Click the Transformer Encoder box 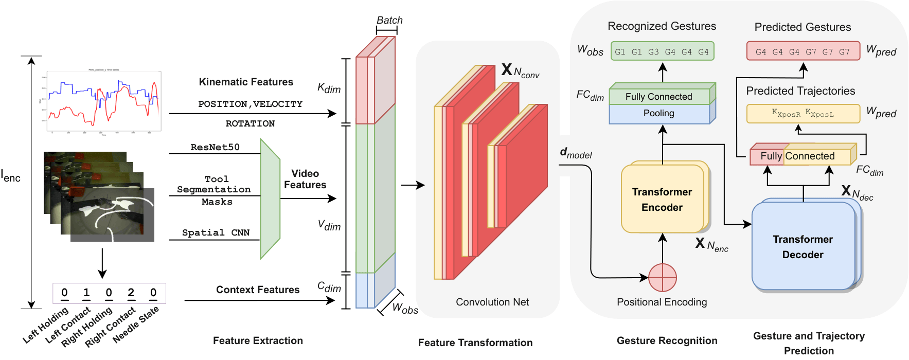[x=662, y=199]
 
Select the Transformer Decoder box [x=803, y=246]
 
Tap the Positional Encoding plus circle [x=663, y=278]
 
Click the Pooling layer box [x=659, y=114]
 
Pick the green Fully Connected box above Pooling [x=659, y=97]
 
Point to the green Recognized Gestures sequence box [x=662, y=51]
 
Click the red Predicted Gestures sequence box [x=803, y=51]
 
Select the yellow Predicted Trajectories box [x=803, y=114]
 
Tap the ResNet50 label [x=215, y=147]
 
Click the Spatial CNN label [x=216, y=232]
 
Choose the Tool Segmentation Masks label [x=215, y=190]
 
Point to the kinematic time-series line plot [x=104, y=101]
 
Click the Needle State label [x=136, y=325]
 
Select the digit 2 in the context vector [x=131, y=293]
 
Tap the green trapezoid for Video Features [x=270, y=199]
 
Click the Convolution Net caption [x=492, y=302]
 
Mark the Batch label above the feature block [x=389, y=20]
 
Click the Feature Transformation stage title [x=475, y=343]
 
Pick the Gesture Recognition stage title [x=667, y=340]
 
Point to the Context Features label [x=257, y=290]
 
